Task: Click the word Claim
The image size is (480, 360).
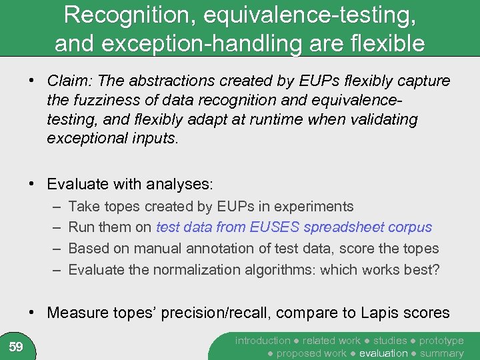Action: (x=70, y=81)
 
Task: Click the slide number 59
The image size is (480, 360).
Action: (x=16, y=347)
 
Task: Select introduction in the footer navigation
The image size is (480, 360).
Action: (x=263, y=341)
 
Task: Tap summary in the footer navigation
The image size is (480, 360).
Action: (x=442, y=353)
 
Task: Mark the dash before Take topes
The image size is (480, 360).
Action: (x=54, y=207)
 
